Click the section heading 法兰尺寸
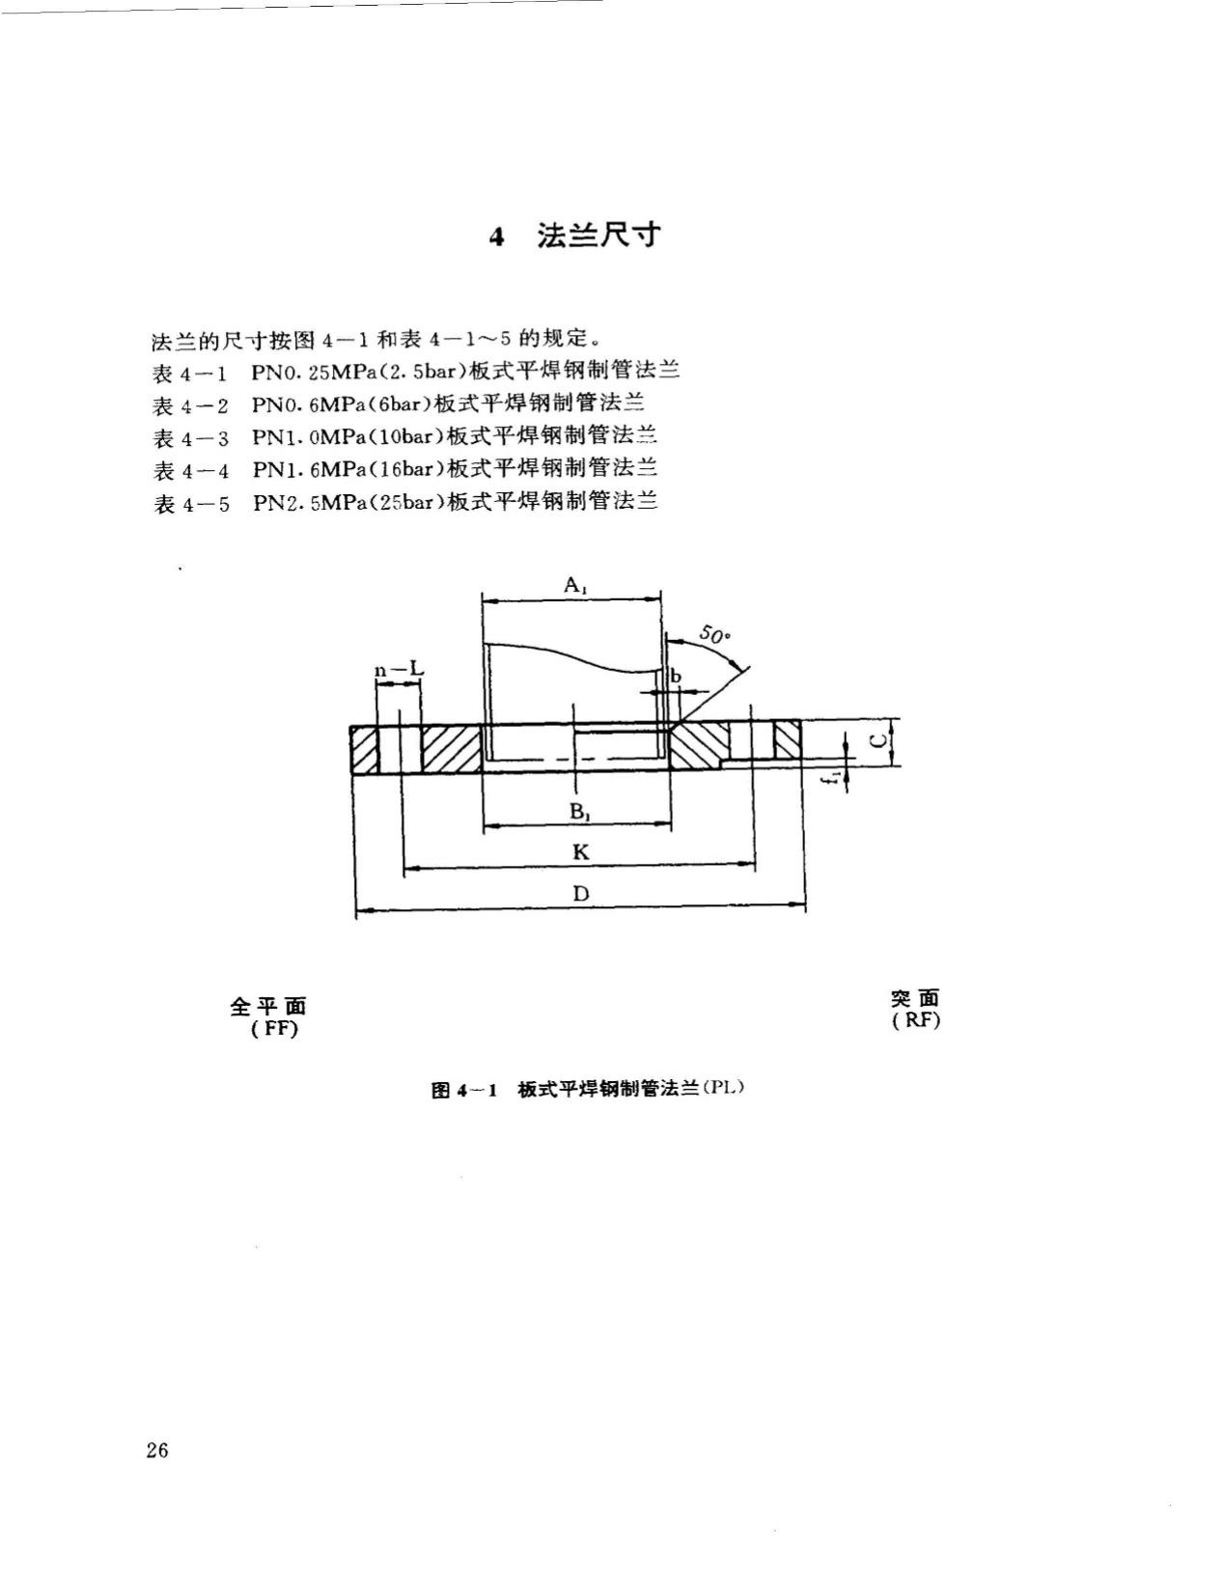598,236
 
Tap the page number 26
158,1450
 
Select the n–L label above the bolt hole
399,670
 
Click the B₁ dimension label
579,812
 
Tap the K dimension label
580,852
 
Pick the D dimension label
580,894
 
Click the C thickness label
876,741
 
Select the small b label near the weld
676,677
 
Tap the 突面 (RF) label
915,1010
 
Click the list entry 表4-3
191,438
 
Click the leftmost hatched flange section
364,748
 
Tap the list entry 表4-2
191,405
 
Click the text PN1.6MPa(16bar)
348,470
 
